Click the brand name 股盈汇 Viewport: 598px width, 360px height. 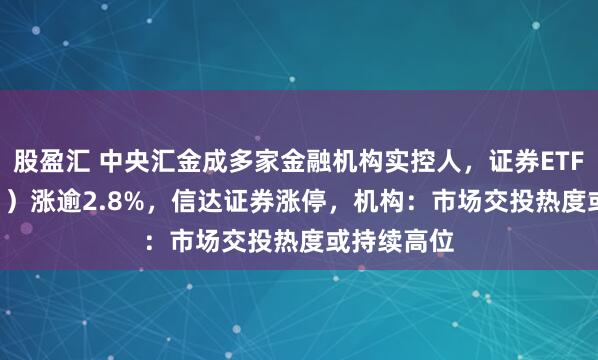[x=44, y=158]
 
